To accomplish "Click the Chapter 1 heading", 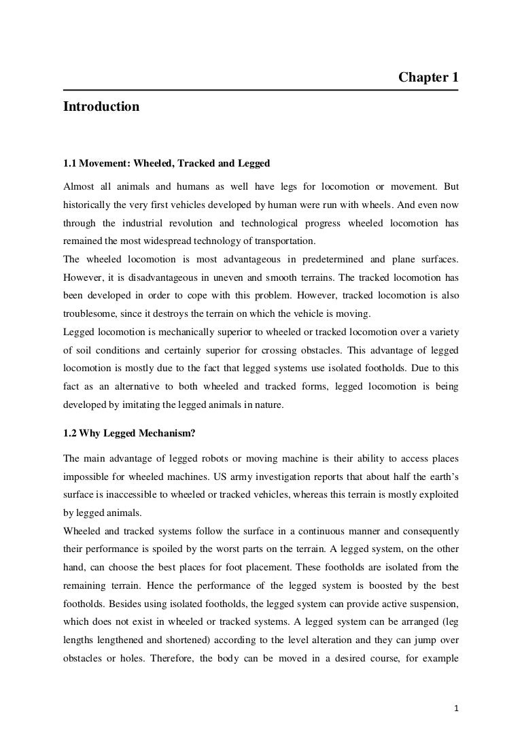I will coord(428,78).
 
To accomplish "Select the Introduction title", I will coord(101,107).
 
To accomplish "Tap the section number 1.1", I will coord(71,163).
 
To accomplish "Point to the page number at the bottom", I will coord(457,709).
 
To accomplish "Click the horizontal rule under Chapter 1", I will coord(261,90).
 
